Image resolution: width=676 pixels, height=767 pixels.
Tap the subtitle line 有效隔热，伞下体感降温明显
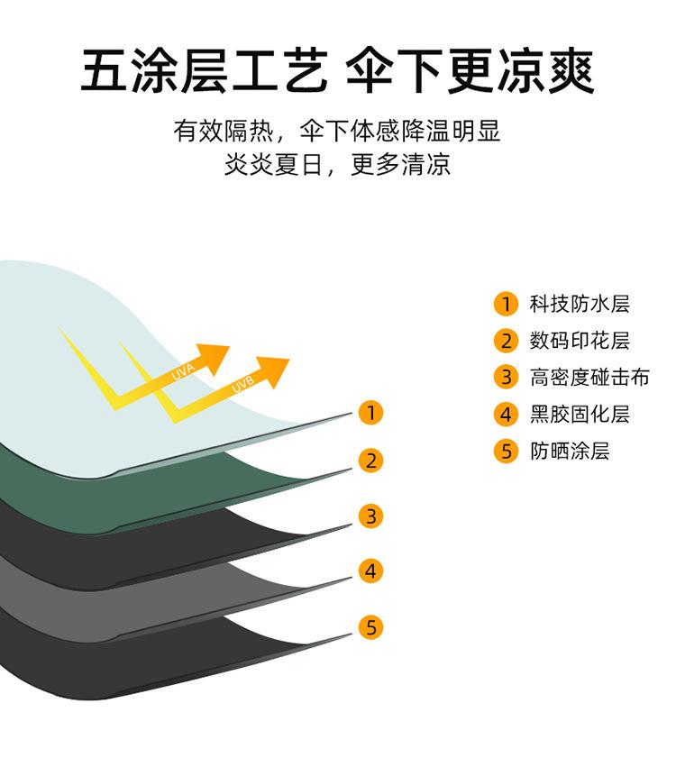coord(337,132)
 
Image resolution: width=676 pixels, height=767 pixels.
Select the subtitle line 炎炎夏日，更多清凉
coord(337,166)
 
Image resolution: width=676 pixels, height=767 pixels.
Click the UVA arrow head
coord(216,356)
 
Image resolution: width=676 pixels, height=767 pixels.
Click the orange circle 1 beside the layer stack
coord(370,414)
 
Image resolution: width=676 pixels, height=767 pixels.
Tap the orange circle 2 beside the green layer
coord(370,461)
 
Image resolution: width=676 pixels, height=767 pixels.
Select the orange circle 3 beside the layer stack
coord(370,516)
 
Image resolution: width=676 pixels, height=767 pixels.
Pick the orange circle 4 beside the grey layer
coord(370,571)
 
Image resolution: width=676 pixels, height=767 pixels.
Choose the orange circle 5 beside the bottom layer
coord(370,627)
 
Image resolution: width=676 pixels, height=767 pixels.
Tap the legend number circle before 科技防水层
coord(506,304)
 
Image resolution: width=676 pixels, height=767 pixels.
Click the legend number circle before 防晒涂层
coord(506,452)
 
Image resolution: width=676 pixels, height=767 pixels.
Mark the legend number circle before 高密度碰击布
coord(506,378)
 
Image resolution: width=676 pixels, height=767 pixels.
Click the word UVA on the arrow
coord(183,371)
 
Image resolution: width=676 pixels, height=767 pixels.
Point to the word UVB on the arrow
coord(242,385)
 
